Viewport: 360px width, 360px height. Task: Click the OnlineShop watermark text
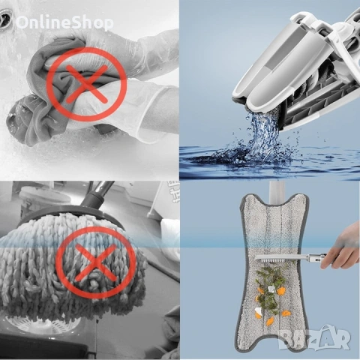pos(64,22)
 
